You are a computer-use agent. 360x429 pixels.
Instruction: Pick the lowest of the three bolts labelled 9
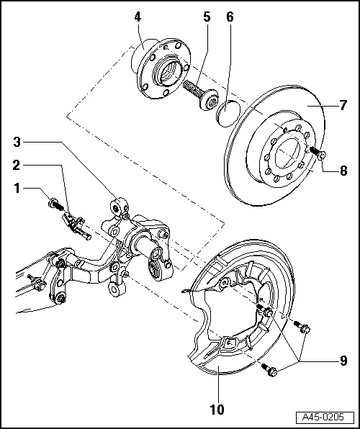coord(271,372)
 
